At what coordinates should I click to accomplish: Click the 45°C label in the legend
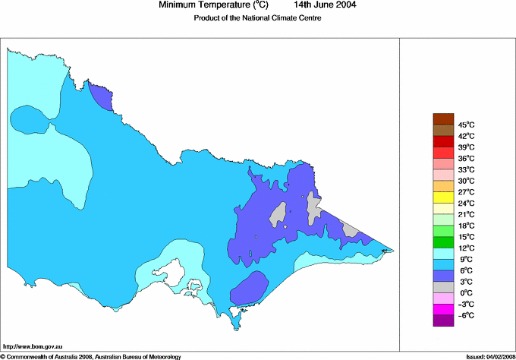pyautogui.click(x=466, y=125)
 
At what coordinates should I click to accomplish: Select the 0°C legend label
pyautogui.click(x=465, y=292)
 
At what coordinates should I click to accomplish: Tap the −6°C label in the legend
pyautogui.click(x=465, y=315)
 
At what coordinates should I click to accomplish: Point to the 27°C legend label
pyautogui.click(x=466, y=192)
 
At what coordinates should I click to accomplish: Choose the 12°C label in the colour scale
pyautogui.click(x=466, y=248)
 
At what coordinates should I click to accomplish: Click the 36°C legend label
pyautogui.click(x=466, y=158)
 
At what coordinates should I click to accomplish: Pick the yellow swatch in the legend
pyautogui.click(x=443, y=197)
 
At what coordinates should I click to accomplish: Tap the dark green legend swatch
pyautogui.click(x=443, y=242)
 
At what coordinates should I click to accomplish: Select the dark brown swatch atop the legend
pyautogui.click(x=443, y=118)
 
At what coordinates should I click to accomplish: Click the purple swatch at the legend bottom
pyautogui.click(x=443, y=321)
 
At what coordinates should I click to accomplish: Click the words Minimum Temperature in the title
pyautogui.click(x=201, y=5)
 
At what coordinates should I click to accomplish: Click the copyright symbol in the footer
pyautogui.click(x=3, y=355)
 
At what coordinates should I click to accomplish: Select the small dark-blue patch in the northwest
pyautogui.click(x=100, y=97)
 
